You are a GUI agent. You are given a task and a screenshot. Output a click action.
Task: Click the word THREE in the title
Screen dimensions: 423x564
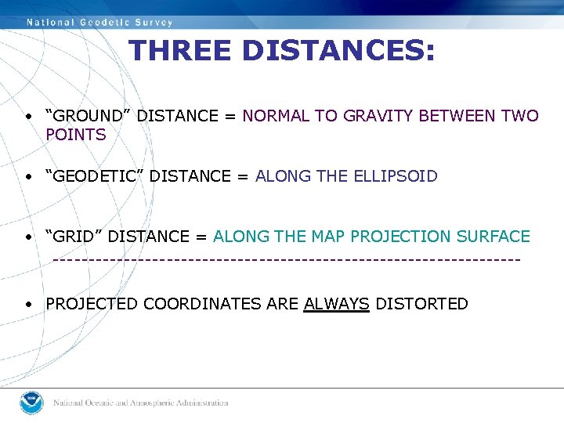coord(181,51)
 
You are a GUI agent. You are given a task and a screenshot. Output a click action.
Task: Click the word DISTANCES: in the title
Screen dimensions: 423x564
coord(338,51)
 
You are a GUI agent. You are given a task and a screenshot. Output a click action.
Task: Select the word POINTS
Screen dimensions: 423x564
coord(76,135)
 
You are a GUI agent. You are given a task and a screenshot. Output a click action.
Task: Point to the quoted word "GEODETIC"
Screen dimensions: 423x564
coord(95,176)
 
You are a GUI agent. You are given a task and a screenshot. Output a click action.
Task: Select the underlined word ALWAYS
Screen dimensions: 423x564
coord(336,304)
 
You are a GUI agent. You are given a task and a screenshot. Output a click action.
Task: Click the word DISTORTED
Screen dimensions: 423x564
coord(421,304)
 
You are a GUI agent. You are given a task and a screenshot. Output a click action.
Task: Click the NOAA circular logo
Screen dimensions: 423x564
coord(32,403)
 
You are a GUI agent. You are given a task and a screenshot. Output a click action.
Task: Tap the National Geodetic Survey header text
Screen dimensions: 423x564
coord(99,22)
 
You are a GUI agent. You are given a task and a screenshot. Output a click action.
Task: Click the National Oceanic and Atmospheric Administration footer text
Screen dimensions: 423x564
coord(141,403)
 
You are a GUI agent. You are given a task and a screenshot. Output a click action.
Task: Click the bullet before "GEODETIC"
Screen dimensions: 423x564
coord(27,177)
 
